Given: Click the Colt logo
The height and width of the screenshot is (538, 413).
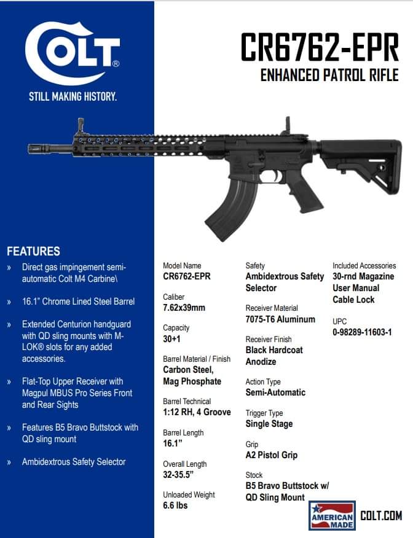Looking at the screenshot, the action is [73, 53].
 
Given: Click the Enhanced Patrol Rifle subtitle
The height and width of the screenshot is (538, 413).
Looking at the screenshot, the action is [329, 76].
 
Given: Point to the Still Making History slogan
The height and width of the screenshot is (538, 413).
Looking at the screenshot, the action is [73, 96].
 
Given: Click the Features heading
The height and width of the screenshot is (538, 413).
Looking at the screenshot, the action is [33, 251].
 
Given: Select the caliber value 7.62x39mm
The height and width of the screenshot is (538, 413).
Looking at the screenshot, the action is [184, 308].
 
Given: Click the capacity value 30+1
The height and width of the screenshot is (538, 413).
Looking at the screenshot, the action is [171, 339].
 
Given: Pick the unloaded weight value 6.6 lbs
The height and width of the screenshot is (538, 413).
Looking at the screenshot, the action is [175, 505].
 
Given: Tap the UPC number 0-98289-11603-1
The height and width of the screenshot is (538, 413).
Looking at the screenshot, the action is [362, 332].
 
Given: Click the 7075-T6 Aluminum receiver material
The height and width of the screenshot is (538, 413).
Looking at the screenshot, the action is [280, 319].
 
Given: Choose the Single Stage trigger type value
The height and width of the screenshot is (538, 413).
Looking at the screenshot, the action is [269, 424].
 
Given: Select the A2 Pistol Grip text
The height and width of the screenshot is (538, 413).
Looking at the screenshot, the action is [271, 455].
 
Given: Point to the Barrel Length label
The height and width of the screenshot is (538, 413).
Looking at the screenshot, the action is [183, 432].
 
